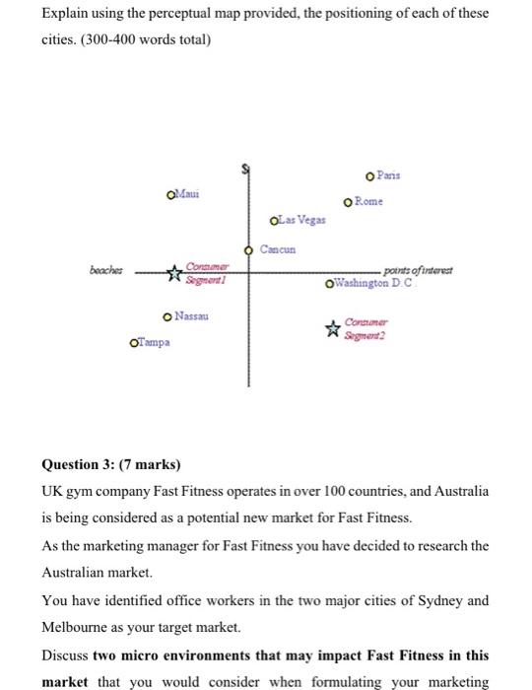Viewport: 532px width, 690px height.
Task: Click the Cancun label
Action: click(278, 250)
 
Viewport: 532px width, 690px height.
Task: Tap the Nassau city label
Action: click(194, 315)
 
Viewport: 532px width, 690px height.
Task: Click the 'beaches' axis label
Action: click(104, 267)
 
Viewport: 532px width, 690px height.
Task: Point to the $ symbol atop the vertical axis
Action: click(247, 170)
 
